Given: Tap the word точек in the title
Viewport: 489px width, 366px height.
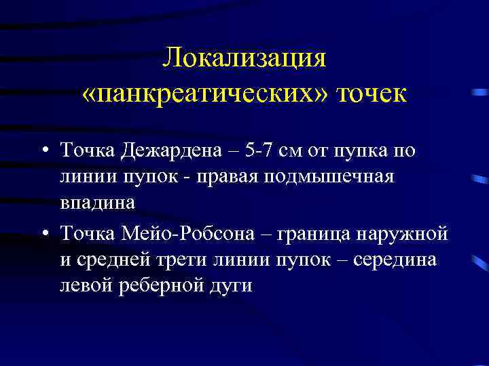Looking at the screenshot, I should [369, 94].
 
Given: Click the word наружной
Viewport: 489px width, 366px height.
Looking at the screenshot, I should [411, 235].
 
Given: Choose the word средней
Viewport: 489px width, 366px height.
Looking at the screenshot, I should [122, 261].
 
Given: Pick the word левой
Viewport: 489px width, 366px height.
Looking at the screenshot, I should [84, 285].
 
